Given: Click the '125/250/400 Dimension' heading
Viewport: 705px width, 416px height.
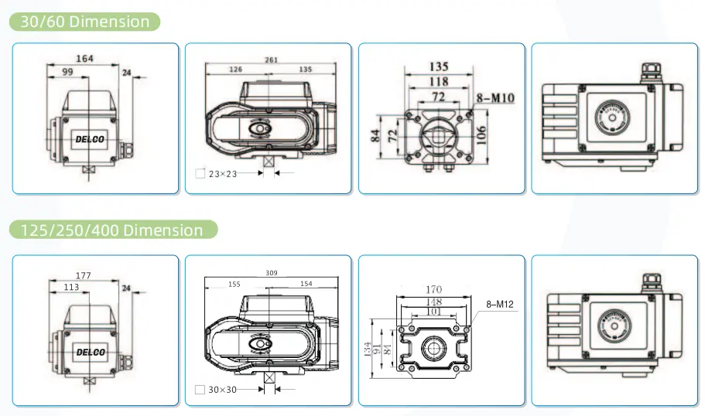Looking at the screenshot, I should coord(113,230).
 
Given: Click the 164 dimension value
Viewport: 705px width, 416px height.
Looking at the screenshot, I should coord(85,58).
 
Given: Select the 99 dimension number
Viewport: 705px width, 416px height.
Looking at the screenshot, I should coord(68,71).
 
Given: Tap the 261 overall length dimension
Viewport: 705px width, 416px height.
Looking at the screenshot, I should coord(272,60).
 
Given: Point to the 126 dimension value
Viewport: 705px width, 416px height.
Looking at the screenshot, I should coord(235,70).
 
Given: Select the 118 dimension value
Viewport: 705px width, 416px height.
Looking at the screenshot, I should coord(439,81).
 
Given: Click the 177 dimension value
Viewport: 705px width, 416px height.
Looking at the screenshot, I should coord(83,275).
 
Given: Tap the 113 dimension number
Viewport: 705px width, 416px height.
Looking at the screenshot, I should coord(71,287).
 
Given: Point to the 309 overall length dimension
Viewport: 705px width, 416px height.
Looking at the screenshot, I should coord(271,273).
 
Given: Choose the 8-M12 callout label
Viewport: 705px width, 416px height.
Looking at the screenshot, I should coord(500,305).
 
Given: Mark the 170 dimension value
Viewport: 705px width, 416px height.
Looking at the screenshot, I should coord(433,290).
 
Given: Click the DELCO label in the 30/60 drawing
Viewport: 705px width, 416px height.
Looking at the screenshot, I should coord(91,138).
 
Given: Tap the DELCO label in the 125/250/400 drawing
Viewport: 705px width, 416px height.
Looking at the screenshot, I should coord(91,352).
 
